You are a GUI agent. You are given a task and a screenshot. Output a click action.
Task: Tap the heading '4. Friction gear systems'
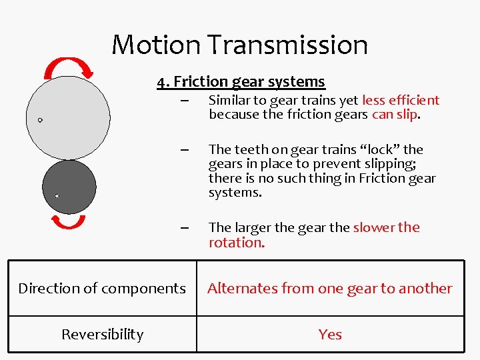(241, 81)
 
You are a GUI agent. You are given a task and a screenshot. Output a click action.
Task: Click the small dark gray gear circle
(69, 187)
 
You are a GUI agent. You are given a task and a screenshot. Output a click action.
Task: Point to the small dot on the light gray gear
(40, 120)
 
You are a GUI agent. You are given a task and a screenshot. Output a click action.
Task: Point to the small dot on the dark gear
(57, 196)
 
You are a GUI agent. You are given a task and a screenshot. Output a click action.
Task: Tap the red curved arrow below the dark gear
(68, 223)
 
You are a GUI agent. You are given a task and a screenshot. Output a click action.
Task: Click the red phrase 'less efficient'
(401, 101)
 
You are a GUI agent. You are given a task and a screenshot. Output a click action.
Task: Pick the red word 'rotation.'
(237, 243)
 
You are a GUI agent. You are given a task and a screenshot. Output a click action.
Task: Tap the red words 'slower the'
(387, 227)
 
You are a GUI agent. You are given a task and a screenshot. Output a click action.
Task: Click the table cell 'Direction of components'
(102, 288)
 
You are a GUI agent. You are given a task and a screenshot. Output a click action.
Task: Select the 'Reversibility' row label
(102, 334)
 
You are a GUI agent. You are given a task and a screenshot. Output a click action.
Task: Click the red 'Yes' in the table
(330, 334)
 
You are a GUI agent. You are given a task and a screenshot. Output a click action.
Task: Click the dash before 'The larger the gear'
(184, 227)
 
